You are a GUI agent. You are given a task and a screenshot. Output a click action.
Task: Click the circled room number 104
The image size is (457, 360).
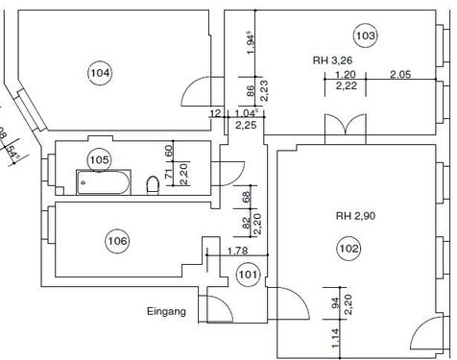(99, 73)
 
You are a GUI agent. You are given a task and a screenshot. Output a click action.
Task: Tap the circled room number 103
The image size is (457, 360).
(364, 37)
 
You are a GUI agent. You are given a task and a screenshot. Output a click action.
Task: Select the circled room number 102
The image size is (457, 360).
(349, 248)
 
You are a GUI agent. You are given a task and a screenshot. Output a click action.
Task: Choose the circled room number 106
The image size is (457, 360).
(118, 240)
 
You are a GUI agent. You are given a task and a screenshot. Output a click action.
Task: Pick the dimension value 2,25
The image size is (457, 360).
(245, 124)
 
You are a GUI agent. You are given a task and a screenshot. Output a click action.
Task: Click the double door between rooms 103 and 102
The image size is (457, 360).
(344, 127)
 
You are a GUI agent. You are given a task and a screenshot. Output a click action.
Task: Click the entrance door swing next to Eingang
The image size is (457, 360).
(217, 309)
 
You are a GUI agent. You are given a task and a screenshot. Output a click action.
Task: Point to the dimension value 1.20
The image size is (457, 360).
(346, 75)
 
